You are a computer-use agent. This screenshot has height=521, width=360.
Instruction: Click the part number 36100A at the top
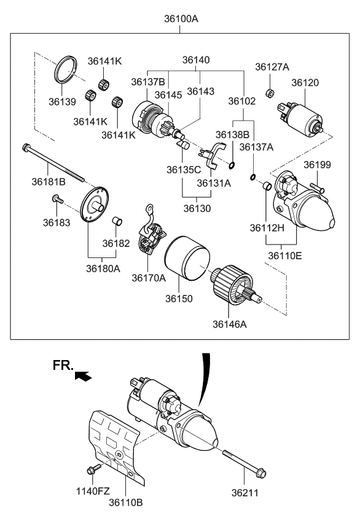(x=181, y=19)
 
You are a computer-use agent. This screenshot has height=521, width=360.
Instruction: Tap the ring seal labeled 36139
(x=66, y=68)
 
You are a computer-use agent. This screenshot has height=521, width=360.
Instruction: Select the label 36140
(x=196, y=60)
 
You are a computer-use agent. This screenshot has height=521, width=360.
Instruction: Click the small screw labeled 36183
(x=57, y=198)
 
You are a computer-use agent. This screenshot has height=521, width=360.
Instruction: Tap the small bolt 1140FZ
(x=93, y=471)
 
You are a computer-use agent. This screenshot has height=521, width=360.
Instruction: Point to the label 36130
(x=196, y=208)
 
